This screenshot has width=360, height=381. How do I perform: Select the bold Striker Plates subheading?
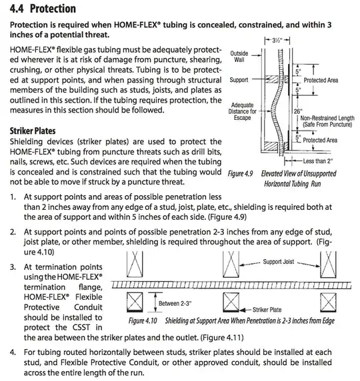33,131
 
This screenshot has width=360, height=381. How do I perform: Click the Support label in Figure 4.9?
239,80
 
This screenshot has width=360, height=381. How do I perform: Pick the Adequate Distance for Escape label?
242,111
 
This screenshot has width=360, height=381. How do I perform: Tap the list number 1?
14,197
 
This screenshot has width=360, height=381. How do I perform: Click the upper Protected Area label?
321,80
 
